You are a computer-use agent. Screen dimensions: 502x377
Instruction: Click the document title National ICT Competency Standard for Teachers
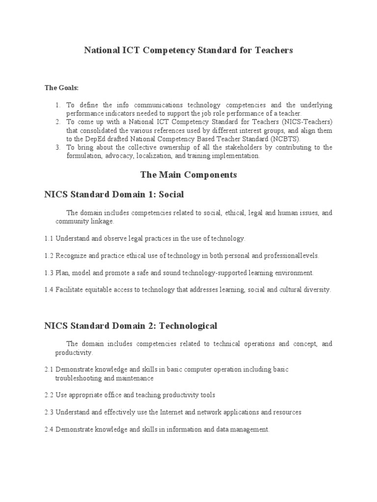click(188, 50)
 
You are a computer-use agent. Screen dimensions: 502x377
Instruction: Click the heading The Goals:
click(61, 88)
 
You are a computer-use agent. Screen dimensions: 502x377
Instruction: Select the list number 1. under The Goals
click(57, 105)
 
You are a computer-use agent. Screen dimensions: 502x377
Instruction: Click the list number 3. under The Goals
click(57, 148)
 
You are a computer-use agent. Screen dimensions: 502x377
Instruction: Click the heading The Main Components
click(188, 175)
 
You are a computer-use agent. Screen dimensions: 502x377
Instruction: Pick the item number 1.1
click(49, 239)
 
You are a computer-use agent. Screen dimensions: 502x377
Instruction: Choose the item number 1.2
click(49, 255)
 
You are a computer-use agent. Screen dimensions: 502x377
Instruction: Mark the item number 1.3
click(49, 273)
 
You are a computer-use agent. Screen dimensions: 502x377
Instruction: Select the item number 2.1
click(49, 369)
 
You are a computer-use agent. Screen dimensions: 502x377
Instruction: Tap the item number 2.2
click(49, 395)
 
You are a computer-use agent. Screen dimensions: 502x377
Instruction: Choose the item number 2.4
click(49, 429)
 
